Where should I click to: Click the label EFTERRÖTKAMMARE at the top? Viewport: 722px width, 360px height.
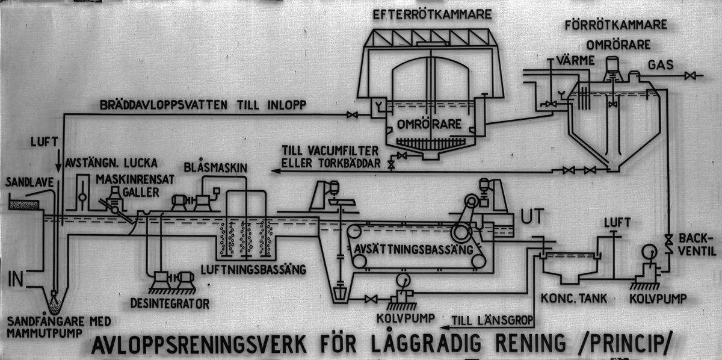tap(432, 14)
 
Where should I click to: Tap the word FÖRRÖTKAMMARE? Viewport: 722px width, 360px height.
tap(616, 25)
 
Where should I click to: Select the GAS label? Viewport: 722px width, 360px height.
tap(661, 65)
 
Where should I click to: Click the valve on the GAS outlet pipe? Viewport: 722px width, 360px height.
tap(690, 76)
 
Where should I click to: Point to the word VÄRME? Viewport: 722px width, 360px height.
tap(576, 60)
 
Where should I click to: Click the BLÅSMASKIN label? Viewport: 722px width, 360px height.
tap(215, 167)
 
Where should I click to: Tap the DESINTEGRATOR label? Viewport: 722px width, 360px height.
tap(170, 303)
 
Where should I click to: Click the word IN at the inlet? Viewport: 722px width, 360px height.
tap(16, 279)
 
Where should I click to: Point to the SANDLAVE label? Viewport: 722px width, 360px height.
tap(29, 182)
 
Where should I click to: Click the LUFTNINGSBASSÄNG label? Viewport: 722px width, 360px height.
tap(253, 269)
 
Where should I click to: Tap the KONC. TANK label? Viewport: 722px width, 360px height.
tap(574, 299)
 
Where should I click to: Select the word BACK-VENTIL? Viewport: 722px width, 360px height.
tap(697, 244)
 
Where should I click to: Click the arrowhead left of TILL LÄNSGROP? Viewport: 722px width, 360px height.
tap(445, 327)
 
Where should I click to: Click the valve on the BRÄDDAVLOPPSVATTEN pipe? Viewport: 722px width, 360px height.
tap(353, 114)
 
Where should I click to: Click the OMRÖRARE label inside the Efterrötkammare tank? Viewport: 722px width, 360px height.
tap(429, 124)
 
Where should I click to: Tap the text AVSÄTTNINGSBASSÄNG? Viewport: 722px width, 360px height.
tap(413, 249)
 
